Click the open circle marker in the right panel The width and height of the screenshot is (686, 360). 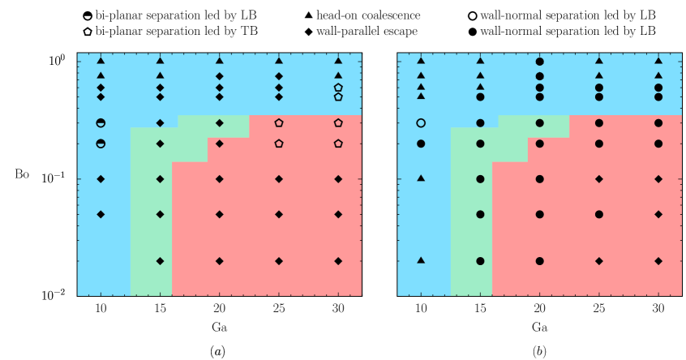(x=421, y=123)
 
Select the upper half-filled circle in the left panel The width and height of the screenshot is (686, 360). (x=101, y=123)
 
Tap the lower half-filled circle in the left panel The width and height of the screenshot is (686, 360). (x=101, y=144)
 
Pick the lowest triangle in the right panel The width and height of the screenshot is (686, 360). (x=421, y=260)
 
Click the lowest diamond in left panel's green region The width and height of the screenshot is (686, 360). (x=160, y=261)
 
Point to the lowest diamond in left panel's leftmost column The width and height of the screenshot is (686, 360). (x=101, y=215)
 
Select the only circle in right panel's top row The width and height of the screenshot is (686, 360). (x=539, y=61)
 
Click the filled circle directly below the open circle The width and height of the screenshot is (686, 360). (x=421, y=144)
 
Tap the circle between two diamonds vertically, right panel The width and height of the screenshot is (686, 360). (x=598, y=215)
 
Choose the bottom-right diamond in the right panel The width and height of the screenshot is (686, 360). (x=658, y=261)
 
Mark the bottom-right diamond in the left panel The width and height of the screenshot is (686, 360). (x=338, y=261)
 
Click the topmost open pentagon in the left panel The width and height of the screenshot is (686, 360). (x=338, y=88)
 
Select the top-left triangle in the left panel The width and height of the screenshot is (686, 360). (x=101, y=61)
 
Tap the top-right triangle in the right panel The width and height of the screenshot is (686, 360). (x=658, y=61)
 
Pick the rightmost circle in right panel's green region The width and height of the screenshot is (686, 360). (x=539, y=123)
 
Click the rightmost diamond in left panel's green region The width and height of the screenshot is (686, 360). (x=219, y=123)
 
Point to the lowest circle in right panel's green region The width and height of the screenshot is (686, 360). (x=480, y=261)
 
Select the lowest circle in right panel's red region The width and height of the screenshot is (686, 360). (x=539, y=261)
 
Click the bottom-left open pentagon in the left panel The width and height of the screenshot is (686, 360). (x=279, y=144)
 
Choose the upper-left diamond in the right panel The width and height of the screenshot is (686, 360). (x=598, y=179)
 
